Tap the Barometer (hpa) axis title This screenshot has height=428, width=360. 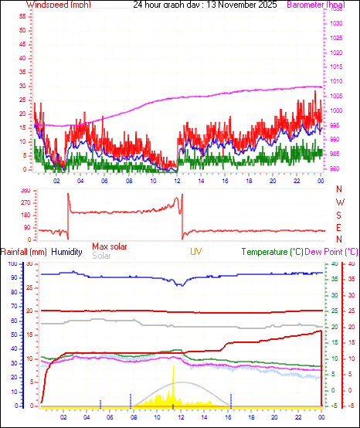[x=315, y=5]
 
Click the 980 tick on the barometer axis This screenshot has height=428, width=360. [x=335, y=169]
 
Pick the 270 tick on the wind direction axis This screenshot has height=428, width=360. [x=25, y=202]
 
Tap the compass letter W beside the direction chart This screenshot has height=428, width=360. [x=340, y=202]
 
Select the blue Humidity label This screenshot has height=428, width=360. [x=67, y=252]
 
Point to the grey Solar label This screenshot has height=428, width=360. [x=101, y=256]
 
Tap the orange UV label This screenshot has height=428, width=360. [x=196, y=252]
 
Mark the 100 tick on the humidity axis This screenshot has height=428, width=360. [x=12, y=264]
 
